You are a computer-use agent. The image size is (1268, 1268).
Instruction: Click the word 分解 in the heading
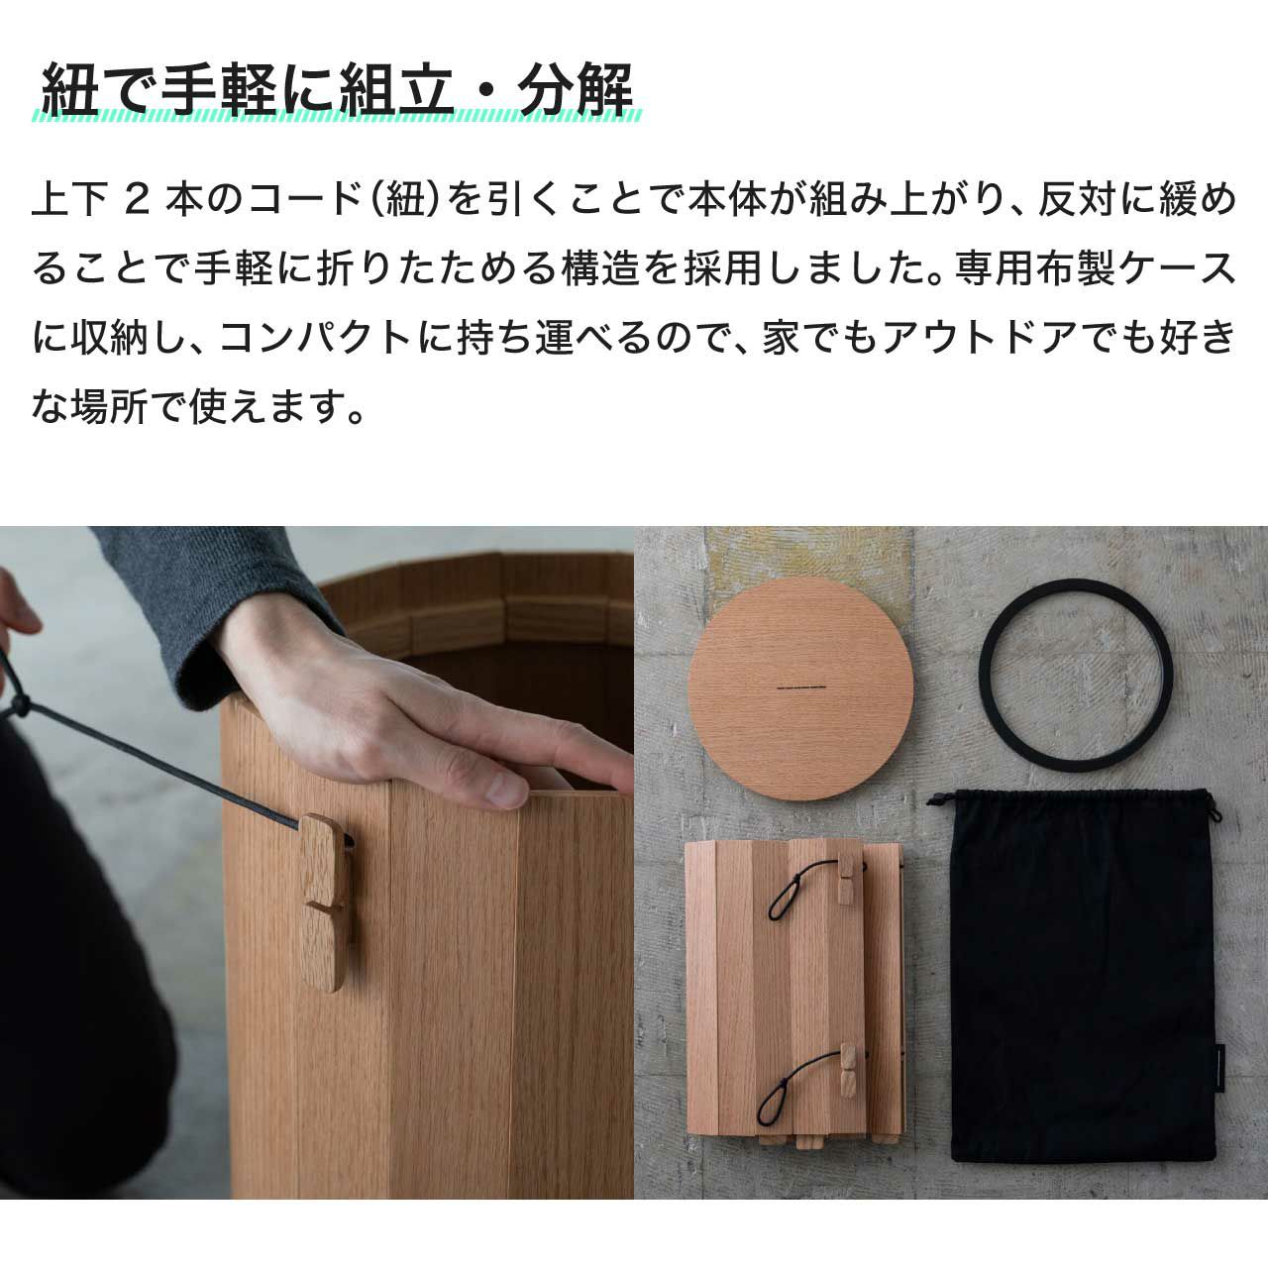[576, 89]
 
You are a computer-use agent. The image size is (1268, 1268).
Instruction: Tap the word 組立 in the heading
[395, 89]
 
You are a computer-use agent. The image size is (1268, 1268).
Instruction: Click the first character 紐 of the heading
[69, 89]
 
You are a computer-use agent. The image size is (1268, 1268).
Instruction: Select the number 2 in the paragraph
[137, 201]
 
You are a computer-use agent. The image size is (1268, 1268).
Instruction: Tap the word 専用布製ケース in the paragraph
[1095, 268]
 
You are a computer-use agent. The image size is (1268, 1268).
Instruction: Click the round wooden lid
[800, 688]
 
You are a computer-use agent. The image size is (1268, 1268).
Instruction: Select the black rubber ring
[1076, 676]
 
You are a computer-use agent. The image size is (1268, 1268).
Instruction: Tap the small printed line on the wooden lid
[801, 688]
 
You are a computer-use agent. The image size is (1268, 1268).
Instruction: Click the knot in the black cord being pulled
[20, 704]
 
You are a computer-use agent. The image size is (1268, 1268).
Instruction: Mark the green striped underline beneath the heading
[336, 116]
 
